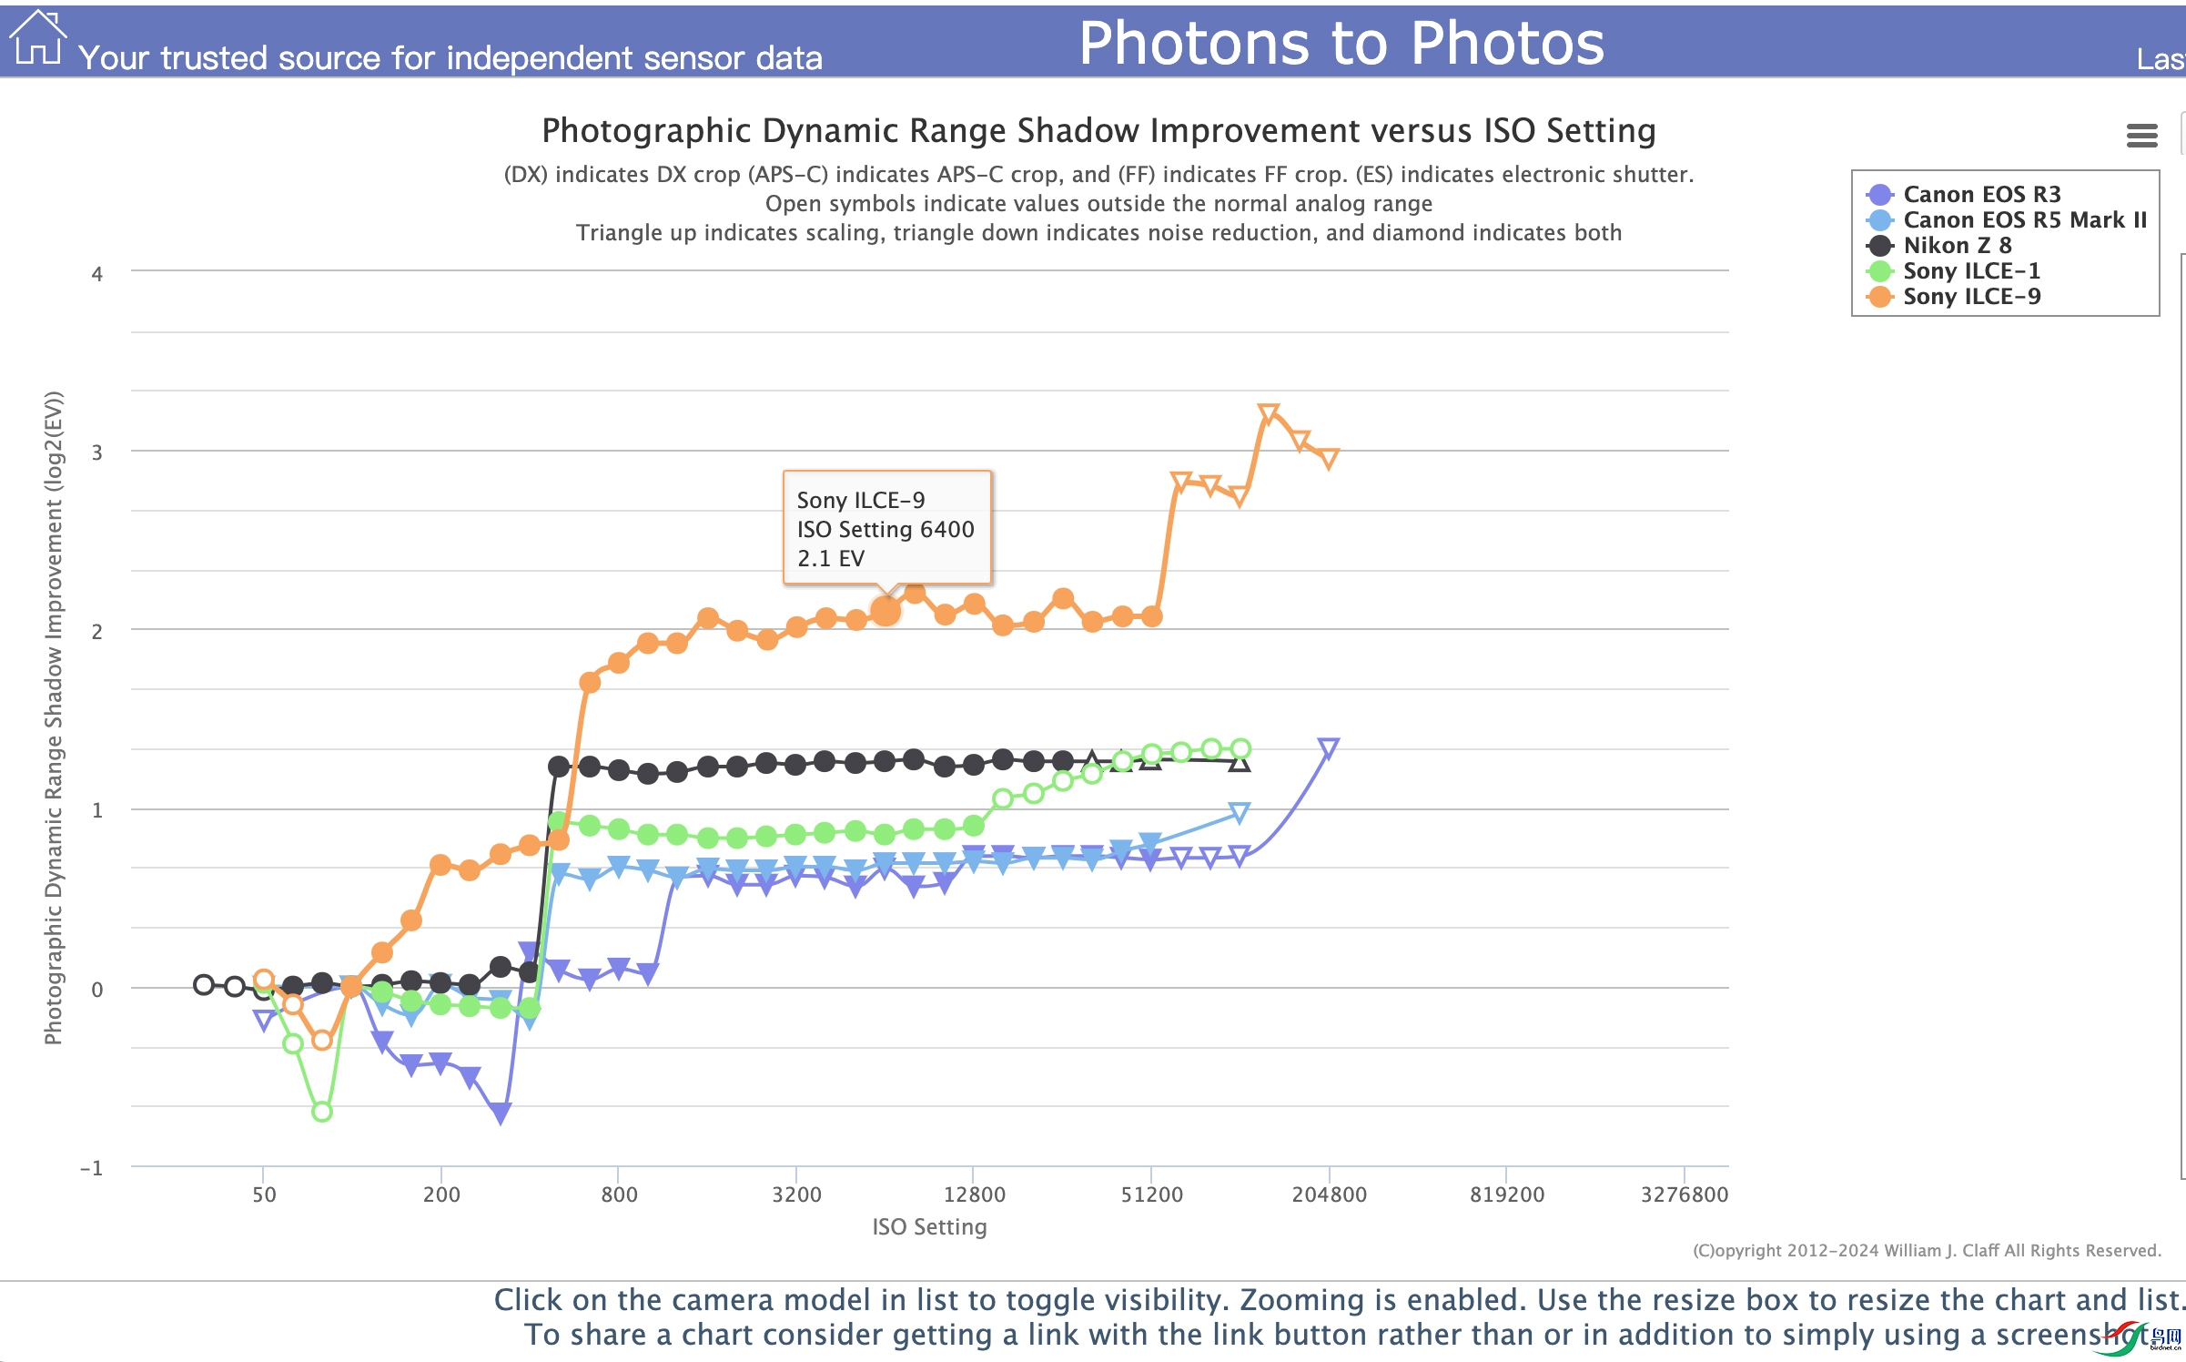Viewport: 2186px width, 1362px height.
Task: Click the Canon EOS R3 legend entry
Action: pyautogui.click(x=1980, y=194)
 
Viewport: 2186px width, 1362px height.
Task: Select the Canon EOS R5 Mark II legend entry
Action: pyautogui.click(x=2023, y=219)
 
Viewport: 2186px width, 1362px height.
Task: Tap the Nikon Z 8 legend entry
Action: pyautogui.click(x=1956, y=245)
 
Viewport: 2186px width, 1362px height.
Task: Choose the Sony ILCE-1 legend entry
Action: pyautogui.click(x=1970, y=270)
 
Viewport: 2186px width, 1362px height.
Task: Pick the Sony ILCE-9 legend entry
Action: pyautogui.click(x=1970, y=296)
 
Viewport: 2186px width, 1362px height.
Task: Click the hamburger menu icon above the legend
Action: pyautogui.click(x=2141, y=136)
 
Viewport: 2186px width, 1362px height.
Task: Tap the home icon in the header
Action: pyautogui.click(x=37, y=38)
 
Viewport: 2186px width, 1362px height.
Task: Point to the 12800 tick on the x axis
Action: pyautogui.click(x=974, y=1194)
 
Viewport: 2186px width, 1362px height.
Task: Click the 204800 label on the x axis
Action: pyautogui.click(x=1329, y=1194)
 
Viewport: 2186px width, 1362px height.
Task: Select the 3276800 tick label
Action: pyautogui.click(x=1684, y=1194)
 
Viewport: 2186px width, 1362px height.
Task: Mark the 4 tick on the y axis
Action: pyautogui.click(x=97, y=274)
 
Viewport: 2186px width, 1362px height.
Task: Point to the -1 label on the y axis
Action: pyautogui.click(x=92, y=1168)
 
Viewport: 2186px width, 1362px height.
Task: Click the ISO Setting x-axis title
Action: pyautogui.click(x=929, y=1226)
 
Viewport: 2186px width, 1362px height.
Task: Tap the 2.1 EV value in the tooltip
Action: pyautogui.click(x=830, y=558)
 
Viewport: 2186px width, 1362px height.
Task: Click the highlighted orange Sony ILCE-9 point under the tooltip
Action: pyautogui.click(x=886, y=611)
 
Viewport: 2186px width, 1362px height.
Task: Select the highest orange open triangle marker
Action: pyautogui.click(x=1268, y=414)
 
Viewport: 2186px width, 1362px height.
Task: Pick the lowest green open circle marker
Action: pyautogui.click(x=321, y=1112)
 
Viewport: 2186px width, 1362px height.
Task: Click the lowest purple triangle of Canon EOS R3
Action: pyautogui.click(x=500, y=1113)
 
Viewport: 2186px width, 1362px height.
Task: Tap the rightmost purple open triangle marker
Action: pyautogui.click(x=1328, y=748)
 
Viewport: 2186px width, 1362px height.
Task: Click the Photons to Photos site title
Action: pyautogui.click(x=1341, y=43)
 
